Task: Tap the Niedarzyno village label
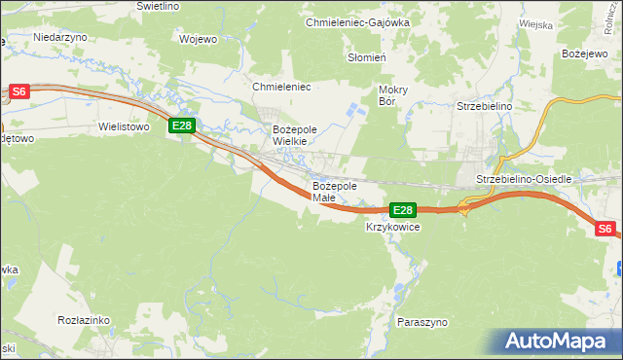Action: coord(60,36)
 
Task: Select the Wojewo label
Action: coord(198,40)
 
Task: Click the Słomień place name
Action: coord(368,57)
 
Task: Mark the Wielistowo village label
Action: coord(123,126)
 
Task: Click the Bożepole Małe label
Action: coord(335,192)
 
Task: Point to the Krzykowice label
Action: coord(392,227)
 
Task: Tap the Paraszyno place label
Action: coord(421,320)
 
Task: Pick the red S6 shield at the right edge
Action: coord(605,229)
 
